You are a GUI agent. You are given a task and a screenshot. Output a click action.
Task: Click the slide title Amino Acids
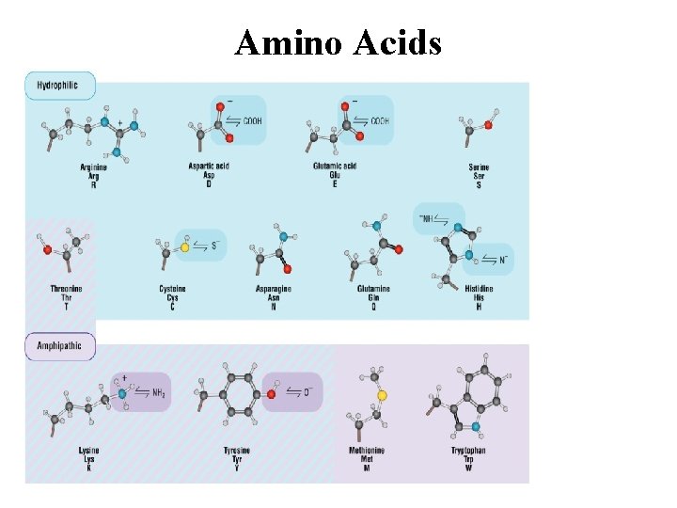(338, 42)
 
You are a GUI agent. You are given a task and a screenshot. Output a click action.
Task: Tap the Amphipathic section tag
(59, 345)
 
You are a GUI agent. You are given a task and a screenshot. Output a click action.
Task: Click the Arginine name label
(93, 167)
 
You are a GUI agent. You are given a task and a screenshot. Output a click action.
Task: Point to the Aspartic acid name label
(209, 167)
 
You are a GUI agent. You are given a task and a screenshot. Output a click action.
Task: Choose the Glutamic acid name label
(334, 167)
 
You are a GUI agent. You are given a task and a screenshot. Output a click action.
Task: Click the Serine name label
(479, 167)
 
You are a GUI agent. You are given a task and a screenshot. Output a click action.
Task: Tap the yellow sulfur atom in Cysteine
(185, 247)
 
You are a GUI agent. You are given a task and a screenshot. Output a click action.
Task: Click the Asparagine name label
(273, 288)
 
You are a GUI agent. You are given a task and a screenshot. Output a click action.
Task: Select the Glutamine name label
(373, 288)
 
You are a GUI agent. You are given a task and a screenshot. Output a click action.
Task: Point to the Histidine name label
(479, 288)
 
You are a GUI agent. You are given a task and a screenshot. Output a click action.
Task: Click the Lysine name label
(88, 451)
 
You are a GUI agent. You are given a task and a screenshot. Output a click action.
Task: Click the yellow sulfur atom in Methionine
(382, 395)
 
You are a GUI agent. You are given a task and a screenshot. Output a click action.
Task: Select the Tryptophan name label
(467, 451)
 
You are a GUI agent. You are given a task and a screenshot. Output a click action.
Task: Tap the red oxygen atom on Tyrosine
(271, 394)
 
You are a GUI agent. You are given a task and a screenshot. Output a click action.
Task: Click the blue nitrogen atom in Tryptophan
(476, 426)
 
